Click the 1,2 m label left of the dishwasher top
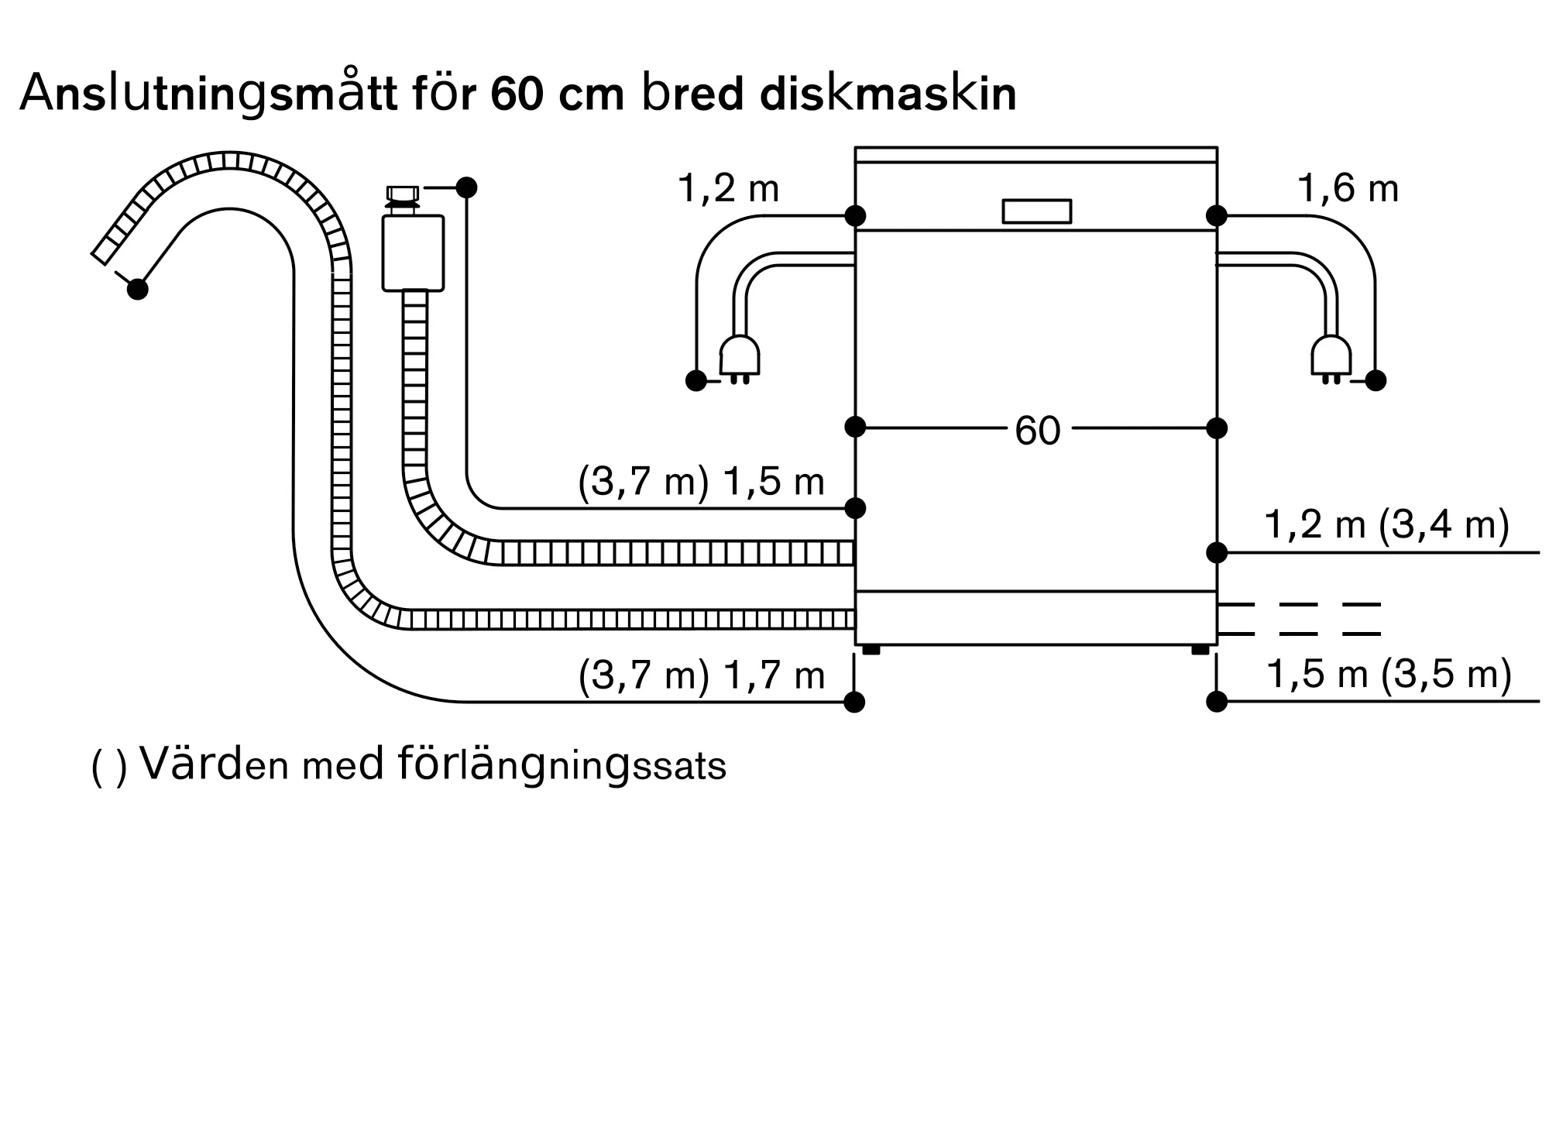coord(728,189)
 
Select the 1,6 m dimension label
coord(1348,189)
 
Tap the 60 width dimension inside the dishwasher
coord(1037,431)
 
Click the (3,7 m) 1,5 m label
coord(701,482)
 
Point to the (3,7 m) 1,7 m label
coord(701,675)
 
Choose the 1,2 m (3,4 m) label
coord(1386,524)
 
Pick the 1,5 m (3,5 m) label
coord(1389,674)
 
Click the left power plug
coord(740,358)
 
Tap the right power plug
coord(1331,358)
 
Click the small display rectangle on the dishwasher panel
coord(1036,211)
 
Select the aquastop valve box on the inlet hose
coord(413,253)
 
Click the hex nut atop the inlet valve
coord(402,193)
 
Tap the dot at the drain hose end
coord(138,289)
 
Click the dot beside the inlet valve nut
coord(466,187)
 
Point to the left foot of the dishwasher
coord(871,650)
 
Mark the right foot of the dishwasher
coord(1200,650)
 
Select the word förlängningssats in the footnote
coord(562,765)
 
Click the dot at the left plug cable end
coord(696,380)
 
